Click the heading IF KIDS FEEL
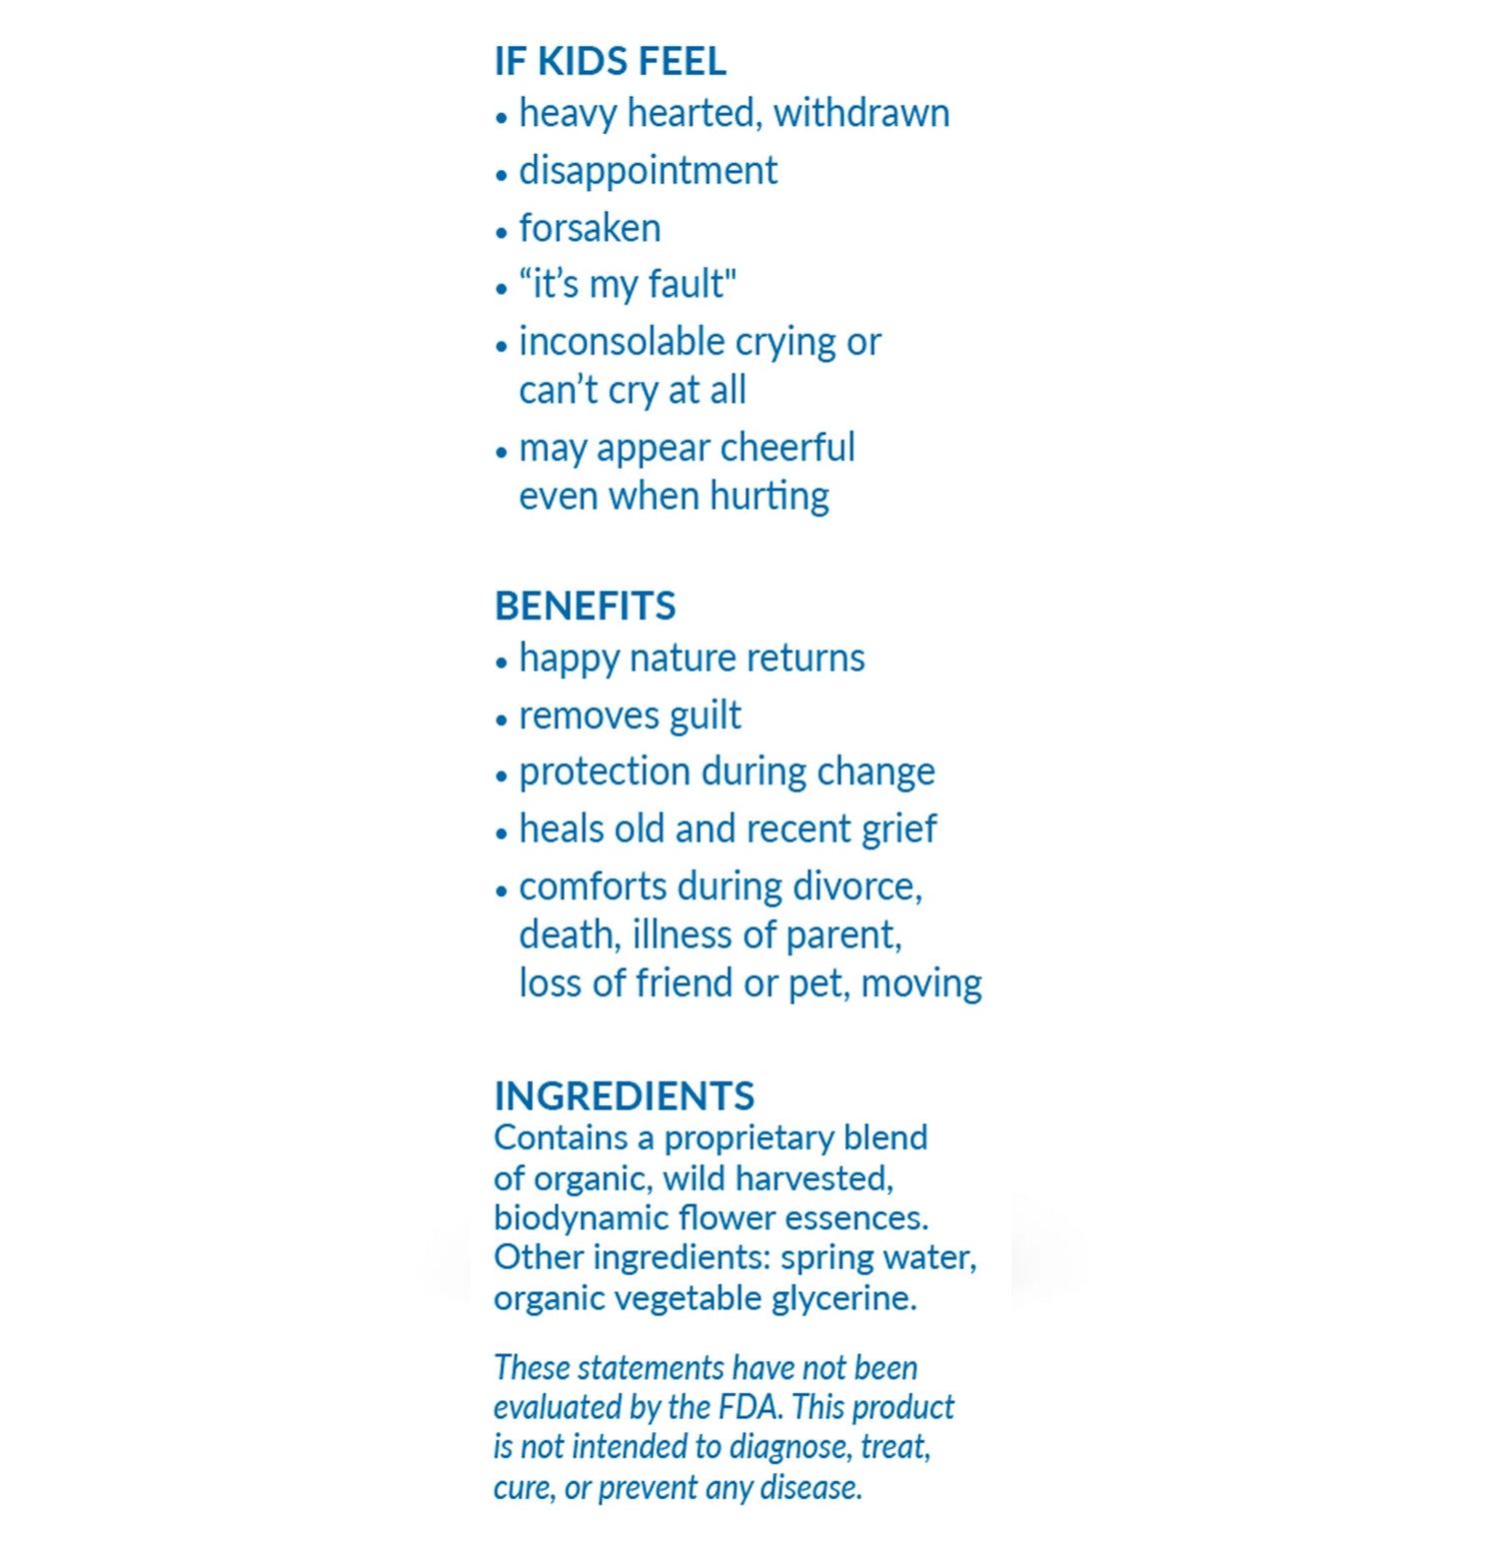coord(610,62)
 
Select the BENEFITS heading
coord(585,606)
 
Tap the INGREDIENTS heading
coord(624,1095)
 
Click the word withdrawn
coord(861,113)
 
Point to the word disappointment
coord(648,171)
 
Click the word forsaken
coord(590,228)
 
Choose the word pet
coord(817,984)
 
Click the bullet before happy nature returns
coord(502,662)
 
